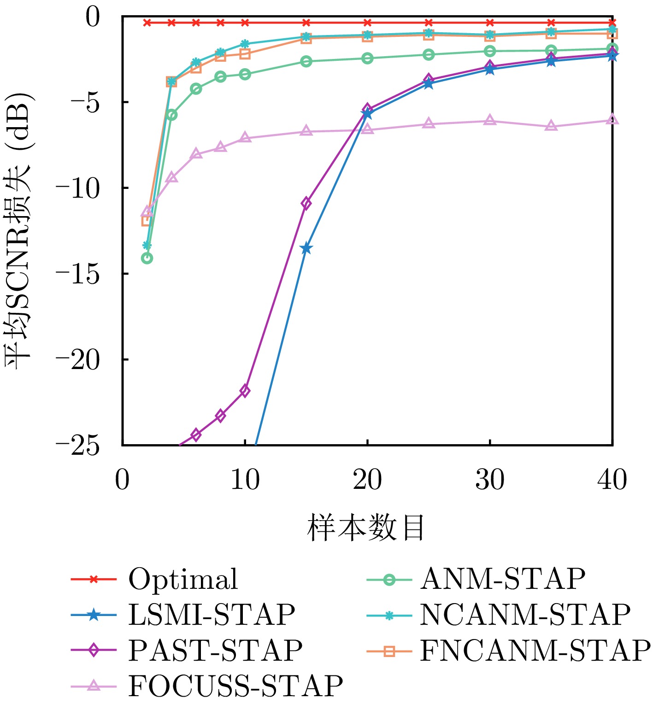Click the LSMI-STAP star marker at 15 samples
306,249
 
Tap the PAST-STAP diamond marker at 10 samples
245,391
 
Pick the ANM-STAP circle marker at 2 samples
147,258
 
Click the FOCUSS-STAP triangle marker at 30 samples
490,121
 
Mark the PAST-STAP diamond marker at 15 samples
306,203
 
